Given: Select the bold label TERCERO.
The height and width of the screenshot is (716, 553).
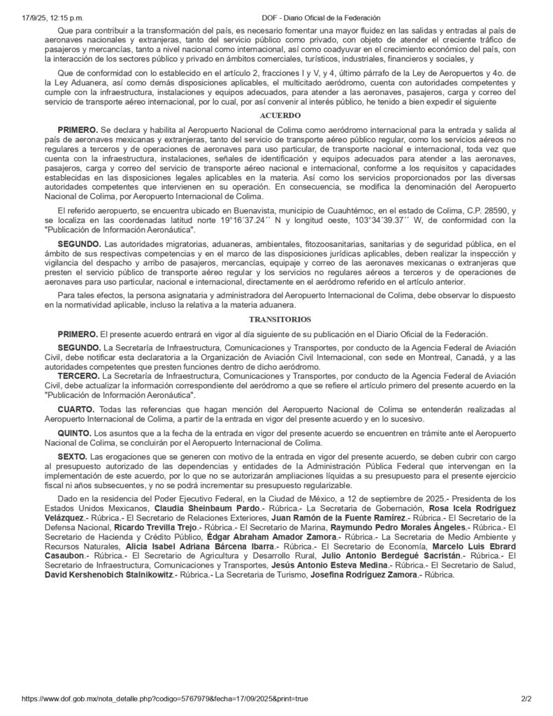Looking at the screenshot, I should point(80,375).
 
